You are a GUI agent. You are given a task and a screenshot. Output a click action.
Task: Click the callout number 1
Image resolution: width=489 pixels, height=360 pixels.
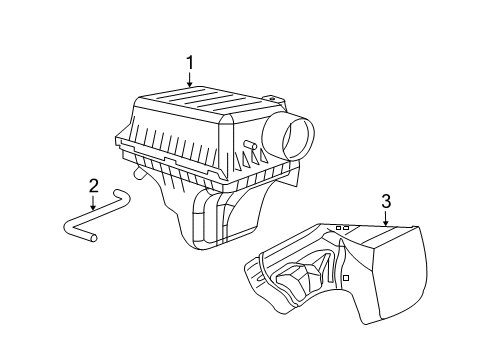[x=188, y=65]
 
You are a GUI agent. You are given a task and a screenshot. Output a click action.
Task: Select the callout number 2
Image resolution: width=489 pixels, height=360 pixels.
[x=92, y=185]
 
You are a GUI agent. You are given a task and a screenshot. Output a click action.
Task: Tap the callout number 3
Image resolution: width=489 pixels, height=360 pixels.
[x=385, y=202]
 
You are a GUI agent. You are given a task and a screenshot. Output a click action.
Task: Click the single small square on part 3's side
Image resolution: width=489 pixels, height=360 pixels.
[x=344, y=277]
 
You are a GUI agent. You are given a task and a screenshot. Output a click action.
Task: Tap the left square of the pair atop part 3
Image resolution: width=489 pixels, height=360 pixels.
[x=338, y=228]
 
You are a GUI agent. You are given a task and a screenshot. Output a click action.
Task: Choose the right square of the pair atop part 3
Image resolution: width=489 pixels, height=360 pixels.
[x=346, y=228]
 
